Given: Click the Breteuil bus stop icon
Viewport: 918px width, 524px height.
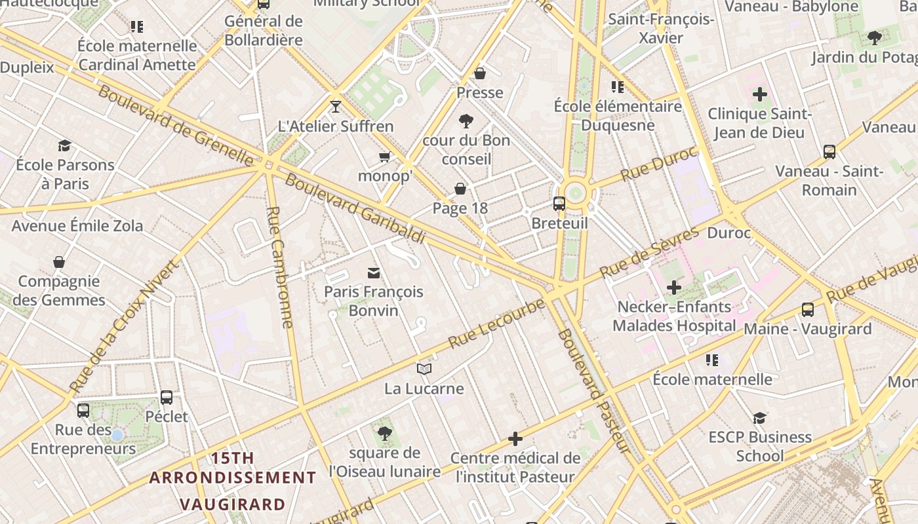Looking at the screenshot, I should click(559, 204).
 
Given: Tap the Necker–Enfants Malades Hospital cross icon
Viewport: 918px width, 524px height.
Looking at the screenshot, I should click(674, 287).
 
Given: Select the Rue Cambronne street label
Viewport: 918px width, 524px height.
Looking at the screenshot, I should click(280, 267).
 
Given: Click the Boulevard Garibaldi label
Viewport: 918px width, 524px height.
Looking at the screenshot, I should click(355, 209).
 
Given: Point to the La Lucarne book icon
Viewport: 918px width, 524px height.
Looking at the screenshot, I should click(424, 369).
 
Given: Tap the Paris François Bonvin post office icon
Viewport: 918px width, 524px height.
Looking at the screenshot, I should click(374, 272).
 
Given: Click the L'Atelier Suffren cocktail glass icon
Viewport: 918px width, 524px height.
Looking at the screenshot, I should click(336, 107).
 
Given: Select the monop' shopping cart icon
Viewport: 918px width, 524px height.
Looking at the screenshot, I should click(385, 157).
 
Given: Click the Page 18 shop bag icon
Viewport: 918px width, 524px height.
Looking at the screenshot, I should click(460, 189).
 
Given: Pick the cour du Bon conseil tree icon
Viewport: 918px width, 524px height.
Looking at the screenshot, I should click(466, 121).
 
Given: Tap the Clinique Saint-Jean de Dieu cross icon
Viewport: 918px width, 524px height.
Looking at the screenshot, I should click(759, 94).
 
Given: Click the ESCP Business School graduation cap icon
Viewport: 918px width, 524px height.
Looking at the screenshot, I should click(759, 418).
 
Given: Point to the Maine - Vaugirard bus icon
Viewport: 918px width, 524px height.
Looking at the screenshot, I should click(807, 310).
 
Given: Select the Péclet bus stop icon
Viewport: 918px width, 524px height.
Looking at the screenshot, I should click(167, 397).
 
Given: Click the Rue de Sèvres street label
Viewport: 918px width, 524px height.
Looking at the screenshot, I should click(650, 252).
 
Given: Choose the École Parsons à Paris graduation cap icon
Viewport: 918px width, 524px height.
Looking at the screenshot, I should click(64, 145).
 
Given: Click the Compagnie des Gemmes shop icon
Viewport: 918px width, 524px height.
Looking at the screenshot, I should click(59, 262).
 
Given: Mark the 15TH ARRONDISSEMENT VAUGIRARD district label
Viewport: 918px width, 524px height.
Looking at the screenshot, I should click(233, 481).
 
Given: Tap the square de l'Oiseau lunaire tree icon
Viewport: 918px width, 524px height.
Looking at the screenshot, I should click(384, 433).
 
